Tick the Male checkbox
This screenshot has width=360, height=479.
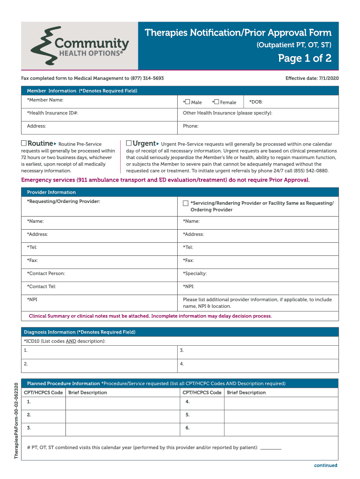(187, 102)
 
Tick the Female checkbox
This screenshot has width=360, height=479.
(216, 102)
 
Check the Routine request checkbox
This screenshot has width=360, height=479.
(24, 143)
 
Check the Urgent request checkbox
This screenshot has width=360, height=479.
(129, 143)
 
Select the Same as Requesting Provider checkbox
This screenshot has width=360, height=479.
(186, 203)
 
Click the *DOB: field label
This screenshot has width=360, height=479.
(256, 102)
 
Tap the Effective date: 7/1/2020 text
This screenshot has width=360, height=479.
(312, 78)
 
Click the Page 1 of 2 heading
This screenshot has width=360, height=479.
(305, 58)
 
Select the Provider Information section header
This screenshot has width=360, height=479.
(51, 192)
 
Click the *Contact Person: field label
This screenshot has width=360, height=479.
(46, 273)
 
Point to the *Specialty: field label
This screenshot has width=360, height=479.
(194, 273)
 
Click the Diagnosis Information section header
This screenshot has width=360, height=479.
(79, 332)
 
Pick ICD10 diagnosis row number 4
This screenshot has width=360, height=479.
(181, 363)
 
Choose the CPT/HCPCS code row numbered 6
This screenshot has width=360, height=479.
(187, 428)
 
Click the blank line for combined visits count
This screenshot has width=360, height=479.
(271, 448)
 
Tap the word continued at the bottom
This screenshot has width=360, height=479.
(325, 465)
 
